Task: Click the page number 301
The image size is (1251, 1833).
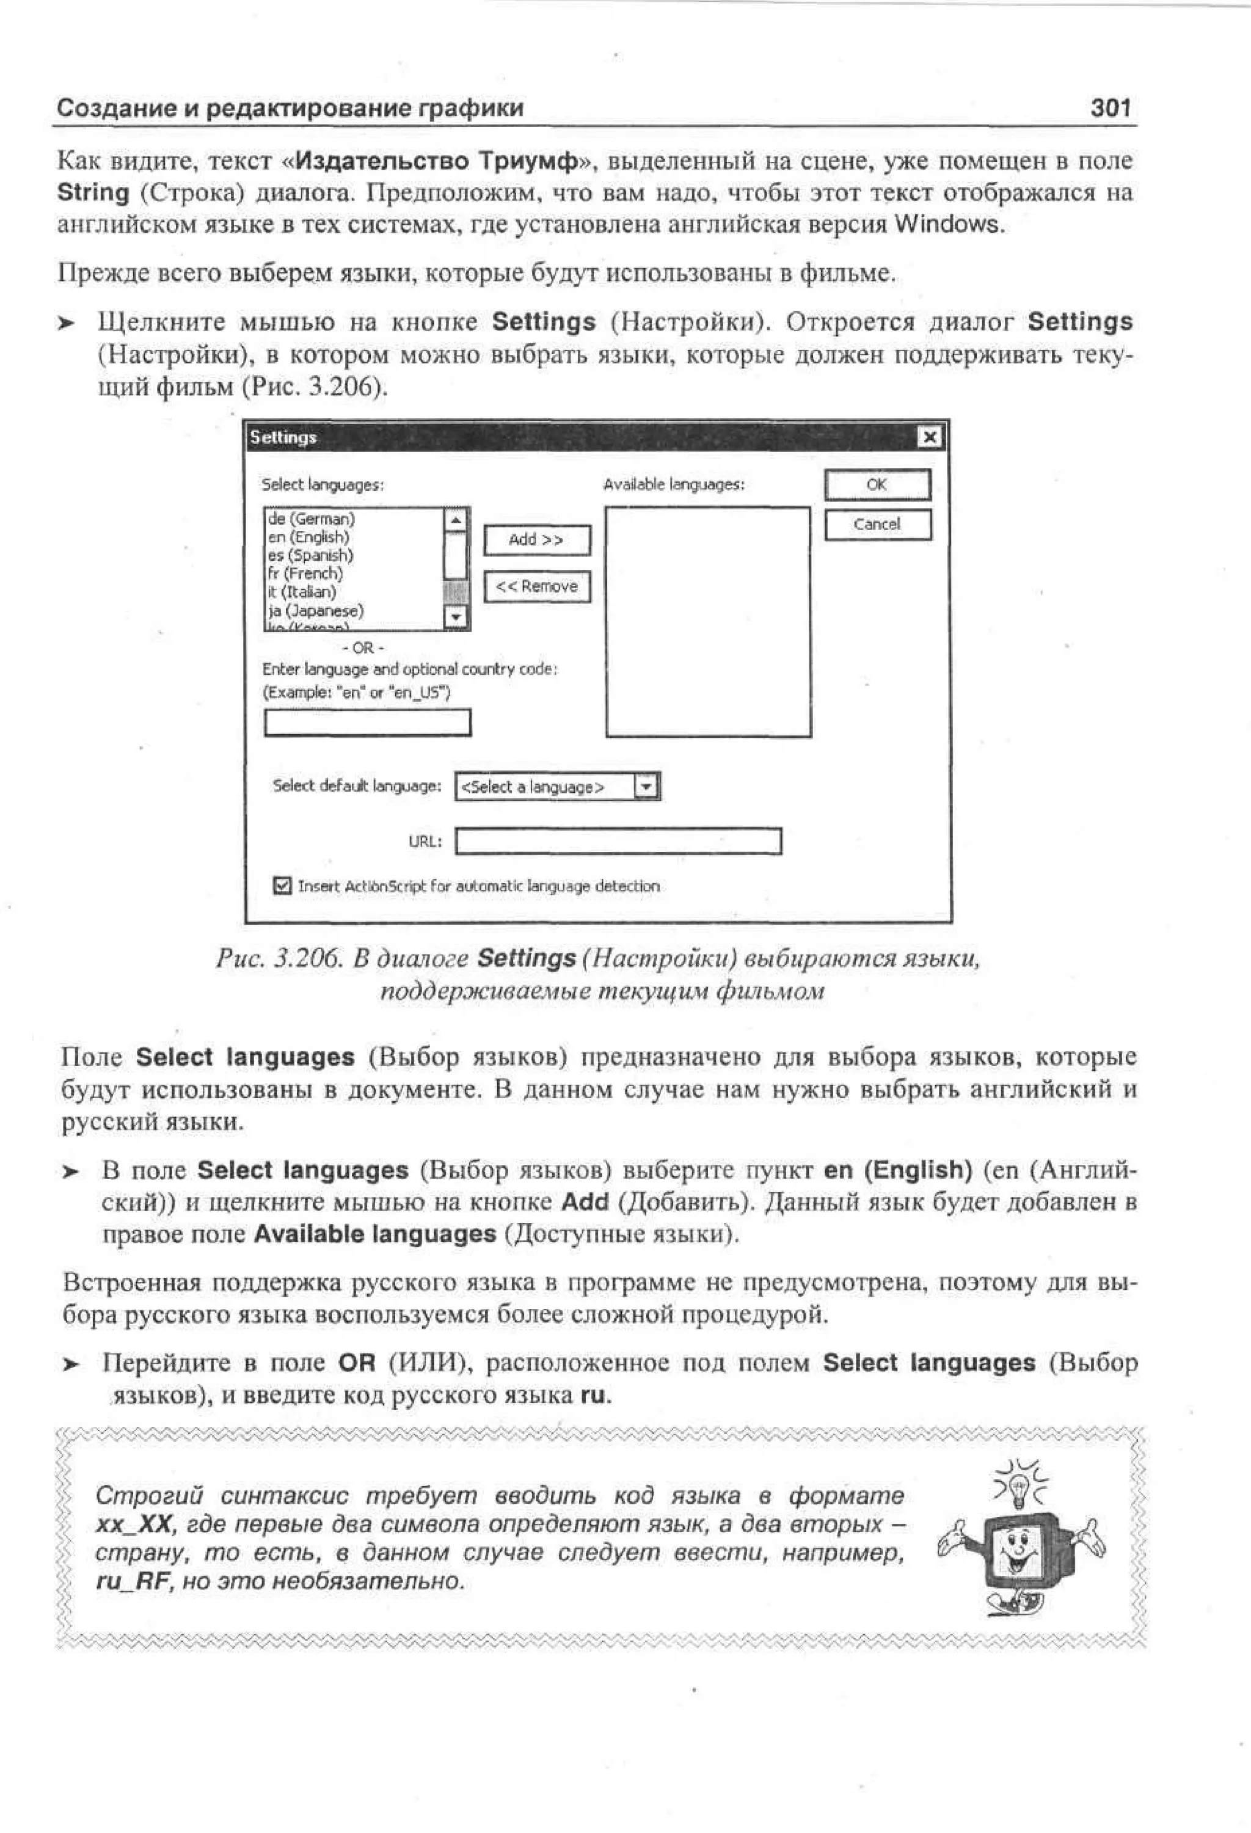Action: (1111, 108)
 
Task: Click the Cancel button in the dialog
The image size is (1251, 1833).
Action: (877, 525)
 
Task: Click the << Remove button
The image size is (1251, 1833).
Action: (536, 586)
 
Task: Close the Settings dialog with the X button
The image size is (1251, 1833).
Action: (930, 437)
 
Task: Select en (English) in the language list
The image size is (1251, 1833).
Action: (308, 537)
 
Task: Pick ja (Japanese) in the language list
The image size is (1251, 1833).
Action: (316, 610)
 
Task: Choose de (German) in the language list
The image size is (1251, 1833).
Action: (312, 519)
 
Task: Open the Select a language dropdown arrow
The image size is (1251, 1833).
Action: (646, 786)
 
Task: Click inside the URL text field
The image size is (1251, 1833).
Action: (618, 841)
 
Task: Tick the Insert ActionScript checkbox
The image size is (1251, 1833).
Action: (282, 886)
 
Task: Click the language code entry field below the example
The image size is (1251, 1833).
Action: (367, 723)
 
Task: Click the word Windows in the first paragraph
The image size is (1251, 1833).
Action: (947, 225)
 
